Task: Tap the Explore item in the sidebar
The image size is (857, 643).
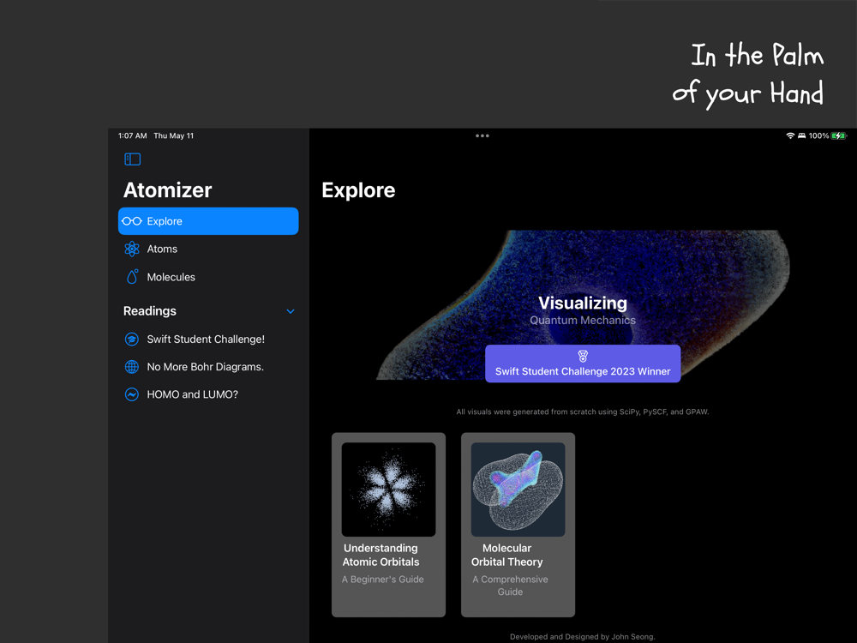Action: coord(208,221)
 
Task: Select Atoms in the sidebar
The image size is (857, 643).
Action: coord(162,249)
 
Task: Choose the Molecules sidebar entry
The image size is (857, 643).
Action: coord(171,277)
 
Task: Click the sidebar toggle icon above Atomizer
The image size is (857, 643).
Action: coord(132,159)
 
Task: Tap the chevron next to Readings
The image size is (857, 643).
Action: coord(291,311)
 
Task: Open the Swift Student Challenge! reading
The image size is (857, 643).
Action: coord(206,339)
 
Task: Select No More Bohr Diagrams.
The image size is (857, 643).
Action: coord(205,367)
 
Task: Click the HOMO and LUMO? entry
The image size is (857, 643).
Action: coord(192,394)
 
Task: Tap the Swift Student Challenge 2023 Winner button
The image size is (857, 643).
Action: coord(583,364)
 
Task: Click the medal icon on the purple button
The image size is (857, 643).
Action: coord(583,357)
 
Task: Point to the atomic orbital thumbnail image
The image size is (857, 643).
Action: coord(388,490)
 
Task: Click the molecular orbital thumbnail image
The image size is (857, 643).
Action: coord(518,490)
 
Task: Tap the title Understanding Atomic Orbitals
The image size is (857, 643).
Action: coord(381,555)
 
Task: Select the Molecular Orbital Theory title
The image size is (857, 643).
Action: coord(507,555)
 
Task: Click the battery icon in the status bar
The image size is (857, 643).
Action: coord(839,135)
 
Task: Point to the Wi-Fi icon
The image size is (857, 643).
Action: coord(790,135)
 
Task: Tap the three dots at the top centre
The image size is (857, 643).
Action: coord(482,135)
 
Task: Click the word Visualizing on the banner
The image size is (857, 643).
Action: coord(583,303)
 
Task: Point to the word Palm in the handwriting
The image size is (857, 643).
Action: coord(798,55)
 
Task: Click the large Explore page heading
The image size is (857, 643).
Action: coord(358,190)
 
